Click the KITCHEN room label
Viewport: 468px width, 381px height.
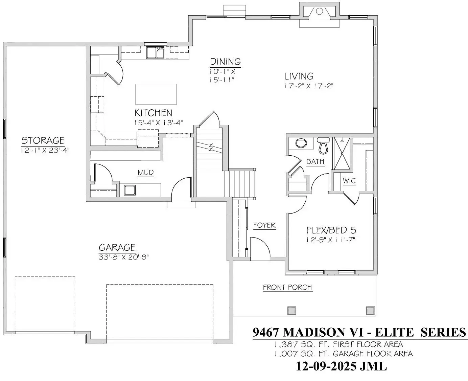point(153,113)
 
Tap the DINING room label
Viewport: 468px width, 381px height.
point(225,62)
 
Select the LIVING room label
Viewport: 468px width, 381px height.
point(299,76)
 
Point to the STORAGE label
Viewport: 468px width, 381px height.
point(43,140)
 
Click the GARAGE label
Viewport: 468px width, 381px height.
point(117,247)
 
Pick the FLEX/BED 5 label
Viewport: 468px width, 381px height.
point(331,230)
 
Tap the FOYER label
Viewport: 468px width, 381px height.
point(264,225)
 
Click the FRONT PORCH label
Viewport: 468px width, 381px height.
point(287,287)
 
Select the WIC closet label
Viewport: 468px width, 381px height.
point(349,181)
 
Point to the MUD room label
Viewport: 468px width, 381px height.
point(146,173)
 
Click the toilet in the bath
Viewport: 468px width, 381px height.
point(324,145)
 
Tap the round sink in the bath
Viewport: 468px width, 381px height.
point(301,143)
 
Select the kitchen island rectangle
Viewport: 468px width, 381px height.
point(156,94)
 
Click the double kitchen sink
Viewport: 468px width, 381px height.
point(155,53)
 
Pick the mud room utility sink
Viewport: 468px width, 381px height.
point(130,190)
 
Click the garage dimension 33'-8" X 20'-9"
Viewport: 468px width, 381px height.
point(124,257)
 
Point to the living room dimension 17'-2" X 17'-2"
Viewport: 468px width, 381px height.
point(309,86)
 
